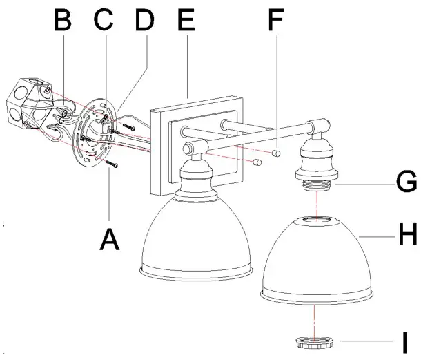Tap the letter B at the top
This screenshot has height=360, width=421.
[x=63, y=21]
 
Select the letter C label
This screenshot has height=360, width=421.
[x=104, y=21]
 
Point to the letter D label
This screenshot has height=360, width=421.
[x=144, y=21]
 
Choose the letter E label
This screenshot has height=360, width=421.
[x=186, y=21]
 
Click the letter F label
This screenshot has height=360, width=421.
[x=275, y=21]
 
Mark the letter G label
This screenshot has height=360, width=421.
[x=407, y=182]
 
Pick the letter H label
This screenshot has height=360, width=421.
[x=407, y=237]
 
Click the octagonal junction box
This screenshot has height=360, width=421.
[x=27, y=104]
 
